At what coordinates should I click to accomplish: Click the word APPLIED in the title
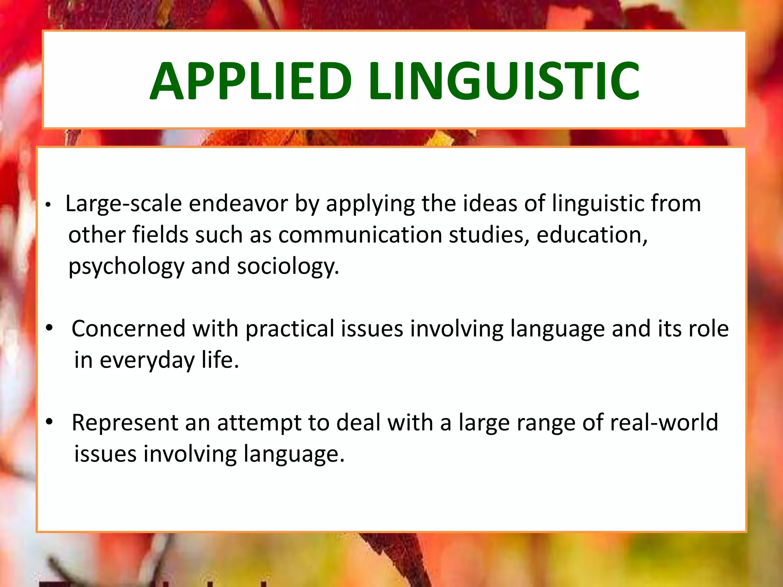click(250, 81)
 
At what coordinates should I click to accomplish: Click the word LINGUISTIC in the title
click(504, 81)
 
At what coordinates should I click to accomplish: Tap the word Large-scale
click(123, 204)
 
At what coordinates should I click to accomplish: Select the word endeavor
click(238, 204)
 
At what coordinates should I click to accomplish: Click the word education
click(592, 235)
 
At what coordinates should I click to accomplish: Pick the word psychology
click(126, 267)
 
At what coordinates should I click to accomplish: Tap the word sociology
click(288, 267)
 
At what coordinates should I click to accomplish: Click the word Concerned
click(128, 329)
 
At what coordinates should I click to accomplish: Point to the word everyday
click(147, 360)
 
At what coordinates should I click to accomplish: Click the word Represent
click(125, 423)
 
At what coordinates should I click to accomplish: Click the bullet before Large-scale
click(48, 205)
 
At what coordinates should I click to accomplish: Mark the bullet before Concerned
click(49, 328)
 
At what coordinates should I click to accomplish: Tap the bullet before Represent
click(49, 422)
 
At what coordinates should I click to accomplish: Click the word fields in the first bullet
click(160, 235)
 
